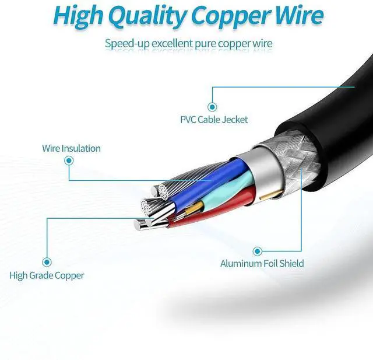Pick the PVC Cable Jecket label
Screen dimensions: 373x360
(x=214, y=120)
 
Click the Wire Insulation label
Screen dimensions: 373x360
(x=71, y=148)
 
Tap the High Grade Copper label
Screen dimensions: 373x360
(x=47, y=275)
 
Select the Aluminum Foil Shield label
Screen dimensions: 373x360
(x=262, y=264)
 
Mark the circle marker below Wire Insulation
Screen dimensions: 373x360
(x=69, y=163)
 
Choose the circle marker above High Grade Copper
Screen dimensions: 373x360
(x=47, y=263)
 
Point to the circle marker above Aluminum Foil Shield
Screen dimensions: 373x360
(x=256, y=251)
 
